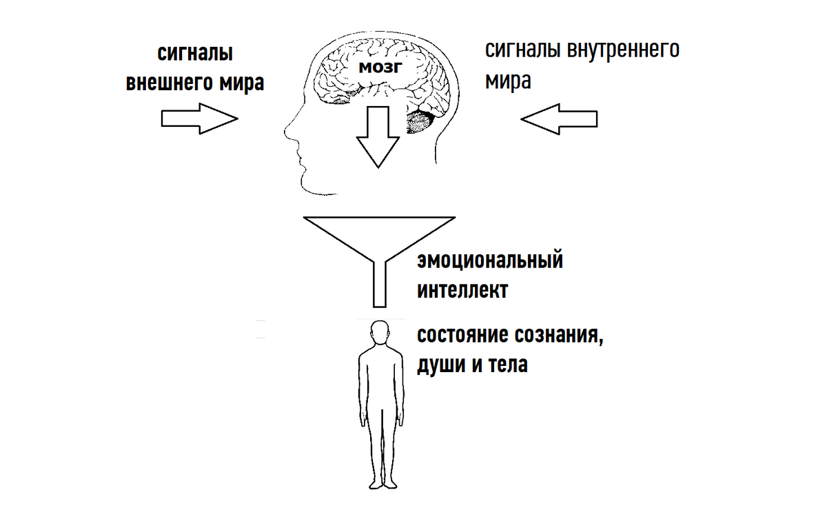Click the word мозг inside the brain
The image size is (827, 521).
point(378,68)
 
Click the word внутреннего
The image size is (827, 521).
point(622,50)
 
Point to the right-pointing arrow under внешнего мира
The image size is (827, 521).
point(199,119)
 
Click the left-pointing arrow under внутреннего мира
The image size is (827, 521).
point(558,119)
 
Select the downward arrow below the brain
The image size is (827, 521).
point(378,136)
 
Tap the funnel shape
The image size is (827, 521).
point(378,238)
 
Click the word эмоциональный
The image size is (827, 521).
point(490,261)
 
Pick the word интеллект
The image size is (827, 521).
point(462,290)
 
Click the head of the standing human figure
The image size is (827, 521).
point(378,334)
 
